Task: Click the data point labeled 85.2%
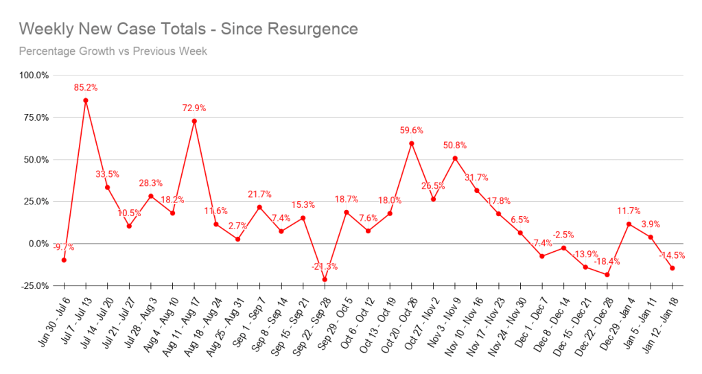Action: pos(86,100)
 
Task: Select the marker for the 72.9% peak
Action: pos(194,121)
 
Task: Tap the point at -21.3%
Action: pos(325,279)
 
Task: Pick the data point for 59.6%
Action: pos(411,143)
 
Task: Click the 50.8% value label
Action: pos(455,145)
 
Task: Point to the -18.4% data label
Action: pos(607,261)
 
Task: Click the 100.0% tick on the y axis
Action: pos(34,75)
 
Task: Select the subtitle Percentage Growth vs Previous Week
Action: pos(113,51)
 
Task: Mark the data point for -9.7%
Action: pos(64,260)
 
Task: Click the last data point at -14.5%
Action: pos(672,268)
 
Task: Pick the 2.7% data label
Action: pos(237,226)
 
